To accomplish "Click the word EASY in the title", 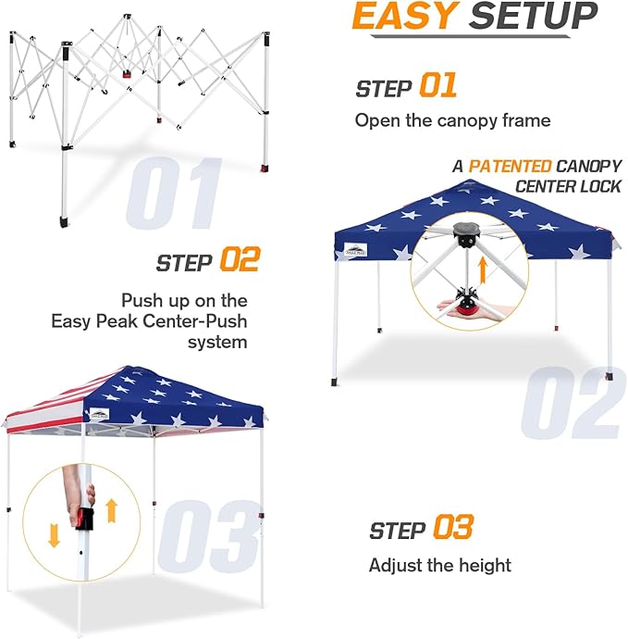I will [x=406, y=18].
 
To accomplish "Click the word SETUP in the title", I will [x=533, y=18].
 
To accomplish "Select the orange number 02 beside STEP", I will [x=240, y=260].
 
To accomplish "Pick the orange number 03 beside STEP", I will [x=452, y=529].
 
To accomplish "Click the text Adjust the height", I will [x=439, y=565].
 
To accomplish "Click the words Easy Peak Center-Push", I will [x=149, y=321].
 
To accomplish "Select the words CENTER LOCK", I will [x=564, y=186].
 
